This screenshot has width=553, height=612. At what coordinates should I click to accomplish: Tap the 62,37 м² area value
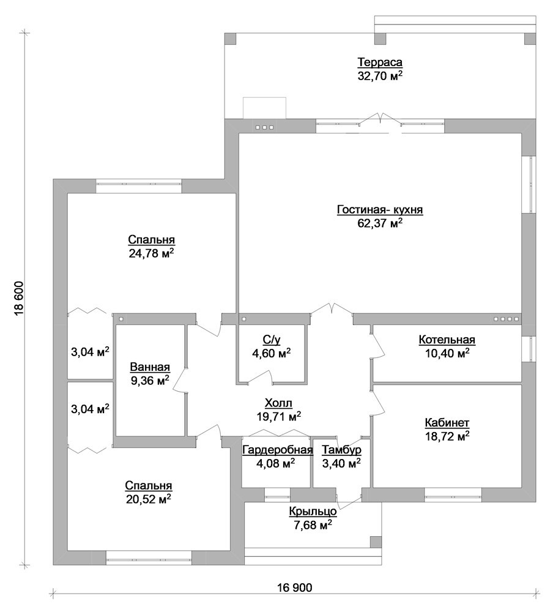coord(380,223)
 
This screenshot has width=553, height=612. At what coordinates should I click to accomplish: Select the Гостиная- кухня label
coord(380,210)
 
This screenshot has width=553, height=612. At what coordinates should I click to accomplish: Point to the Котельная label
coord(447,340)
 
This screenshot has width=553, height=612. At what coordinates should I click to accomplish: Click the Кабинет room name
coord(447,423)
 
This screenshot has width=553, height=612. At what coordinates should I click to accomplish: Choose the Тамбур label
coord(341,450)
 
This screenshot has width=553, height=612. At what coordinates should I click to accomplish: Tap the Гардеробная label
coord(278,450)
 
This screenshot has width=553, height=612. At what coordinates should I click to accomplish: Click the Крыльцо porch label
coord(313,511)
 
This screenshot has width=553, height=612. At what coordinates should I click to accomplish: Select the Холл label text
coord(278,403)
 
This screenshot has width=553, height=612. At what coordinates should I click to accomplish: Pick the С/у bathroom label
coord(271,340)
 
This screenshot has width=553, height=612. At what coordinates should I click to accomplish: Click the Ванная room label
coord(150,367)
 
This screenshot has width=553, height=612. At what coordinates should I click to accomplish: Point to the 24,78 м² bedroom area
coord(151,253)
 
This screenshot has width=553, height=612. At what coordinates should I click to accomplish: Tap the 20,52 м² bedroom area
coord(148,499)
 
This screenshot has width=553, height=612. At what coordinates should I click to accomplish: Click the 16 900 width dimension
coord(295,588)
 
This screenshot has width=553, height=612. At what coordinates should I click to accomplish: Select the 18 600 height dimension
coord(19,299)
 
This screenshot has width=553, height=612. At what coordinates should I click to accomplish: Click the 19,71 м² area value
coord(278,416)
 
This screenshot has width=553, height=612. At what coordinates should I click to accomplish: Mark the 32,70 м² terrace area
coord(380,76)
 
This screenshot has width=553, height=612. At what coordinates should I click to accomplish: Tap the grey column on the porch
coord(376,542)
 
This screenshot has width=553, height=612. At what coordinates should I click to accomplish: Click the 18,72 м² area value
coord(447,436)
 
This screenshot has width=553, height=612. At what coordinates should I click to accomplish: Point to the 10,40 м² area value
coord(447,353)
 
